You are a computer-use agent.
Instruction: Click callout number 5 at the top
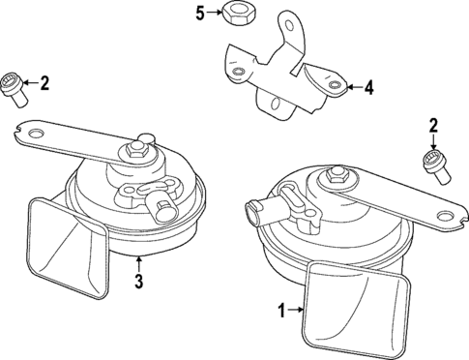201,13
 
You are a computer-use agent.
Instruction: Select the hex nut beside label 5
235,14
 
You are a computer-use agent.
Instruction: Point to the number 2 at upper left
42,83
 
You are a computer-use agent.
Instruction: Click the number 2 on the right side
433,124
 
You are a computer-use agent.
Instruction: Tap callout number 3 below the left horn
138,283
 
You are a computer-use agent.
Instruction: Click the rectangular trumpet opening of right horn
355,309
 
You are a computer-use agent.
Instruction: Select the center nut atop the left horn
133,151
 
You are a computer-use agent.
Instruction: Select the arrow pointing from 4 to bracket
353,88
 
